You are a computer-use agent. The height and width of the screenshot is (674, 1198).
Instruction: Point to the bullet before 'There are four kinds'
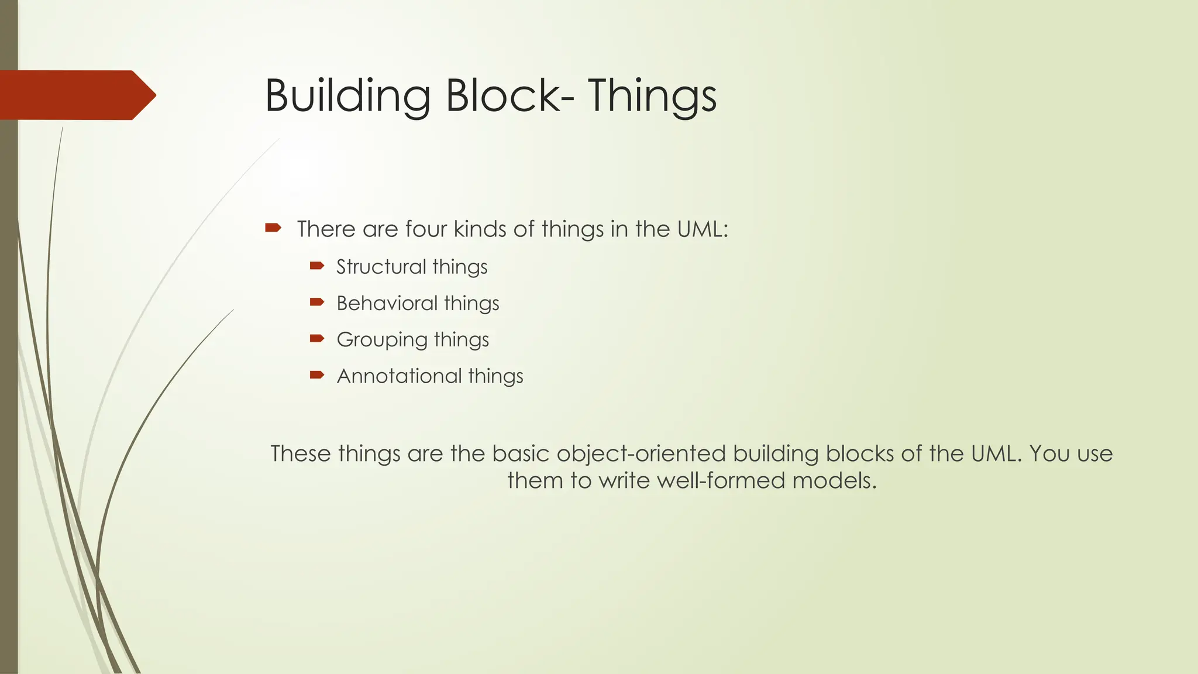273,228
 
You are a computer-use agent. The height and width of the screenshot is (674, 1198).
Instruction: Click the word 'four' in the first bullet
426,229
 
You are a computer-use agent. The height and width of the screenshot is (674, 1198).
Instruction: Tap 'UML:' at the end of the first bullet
703,229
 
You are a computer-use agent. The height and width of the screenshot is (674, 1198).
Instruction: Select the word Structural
381,267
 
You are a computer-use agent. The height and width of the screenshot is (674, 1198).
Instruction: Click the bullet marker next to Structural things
316,266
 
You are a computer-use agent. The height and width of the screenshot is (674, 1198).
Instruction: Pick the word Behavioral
387,303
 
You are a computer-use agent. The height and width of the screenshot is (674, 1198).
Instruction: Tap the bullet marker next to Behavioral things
316,302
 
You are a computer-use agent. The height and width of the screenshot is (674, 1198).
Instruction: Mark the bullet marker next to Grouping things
316,339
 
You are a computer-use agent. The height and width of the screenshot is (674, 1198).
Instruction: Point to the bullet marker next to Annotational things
316,375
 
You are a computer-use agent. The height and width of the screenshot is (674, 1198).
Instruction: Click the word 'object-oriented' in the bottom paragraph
642,454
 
